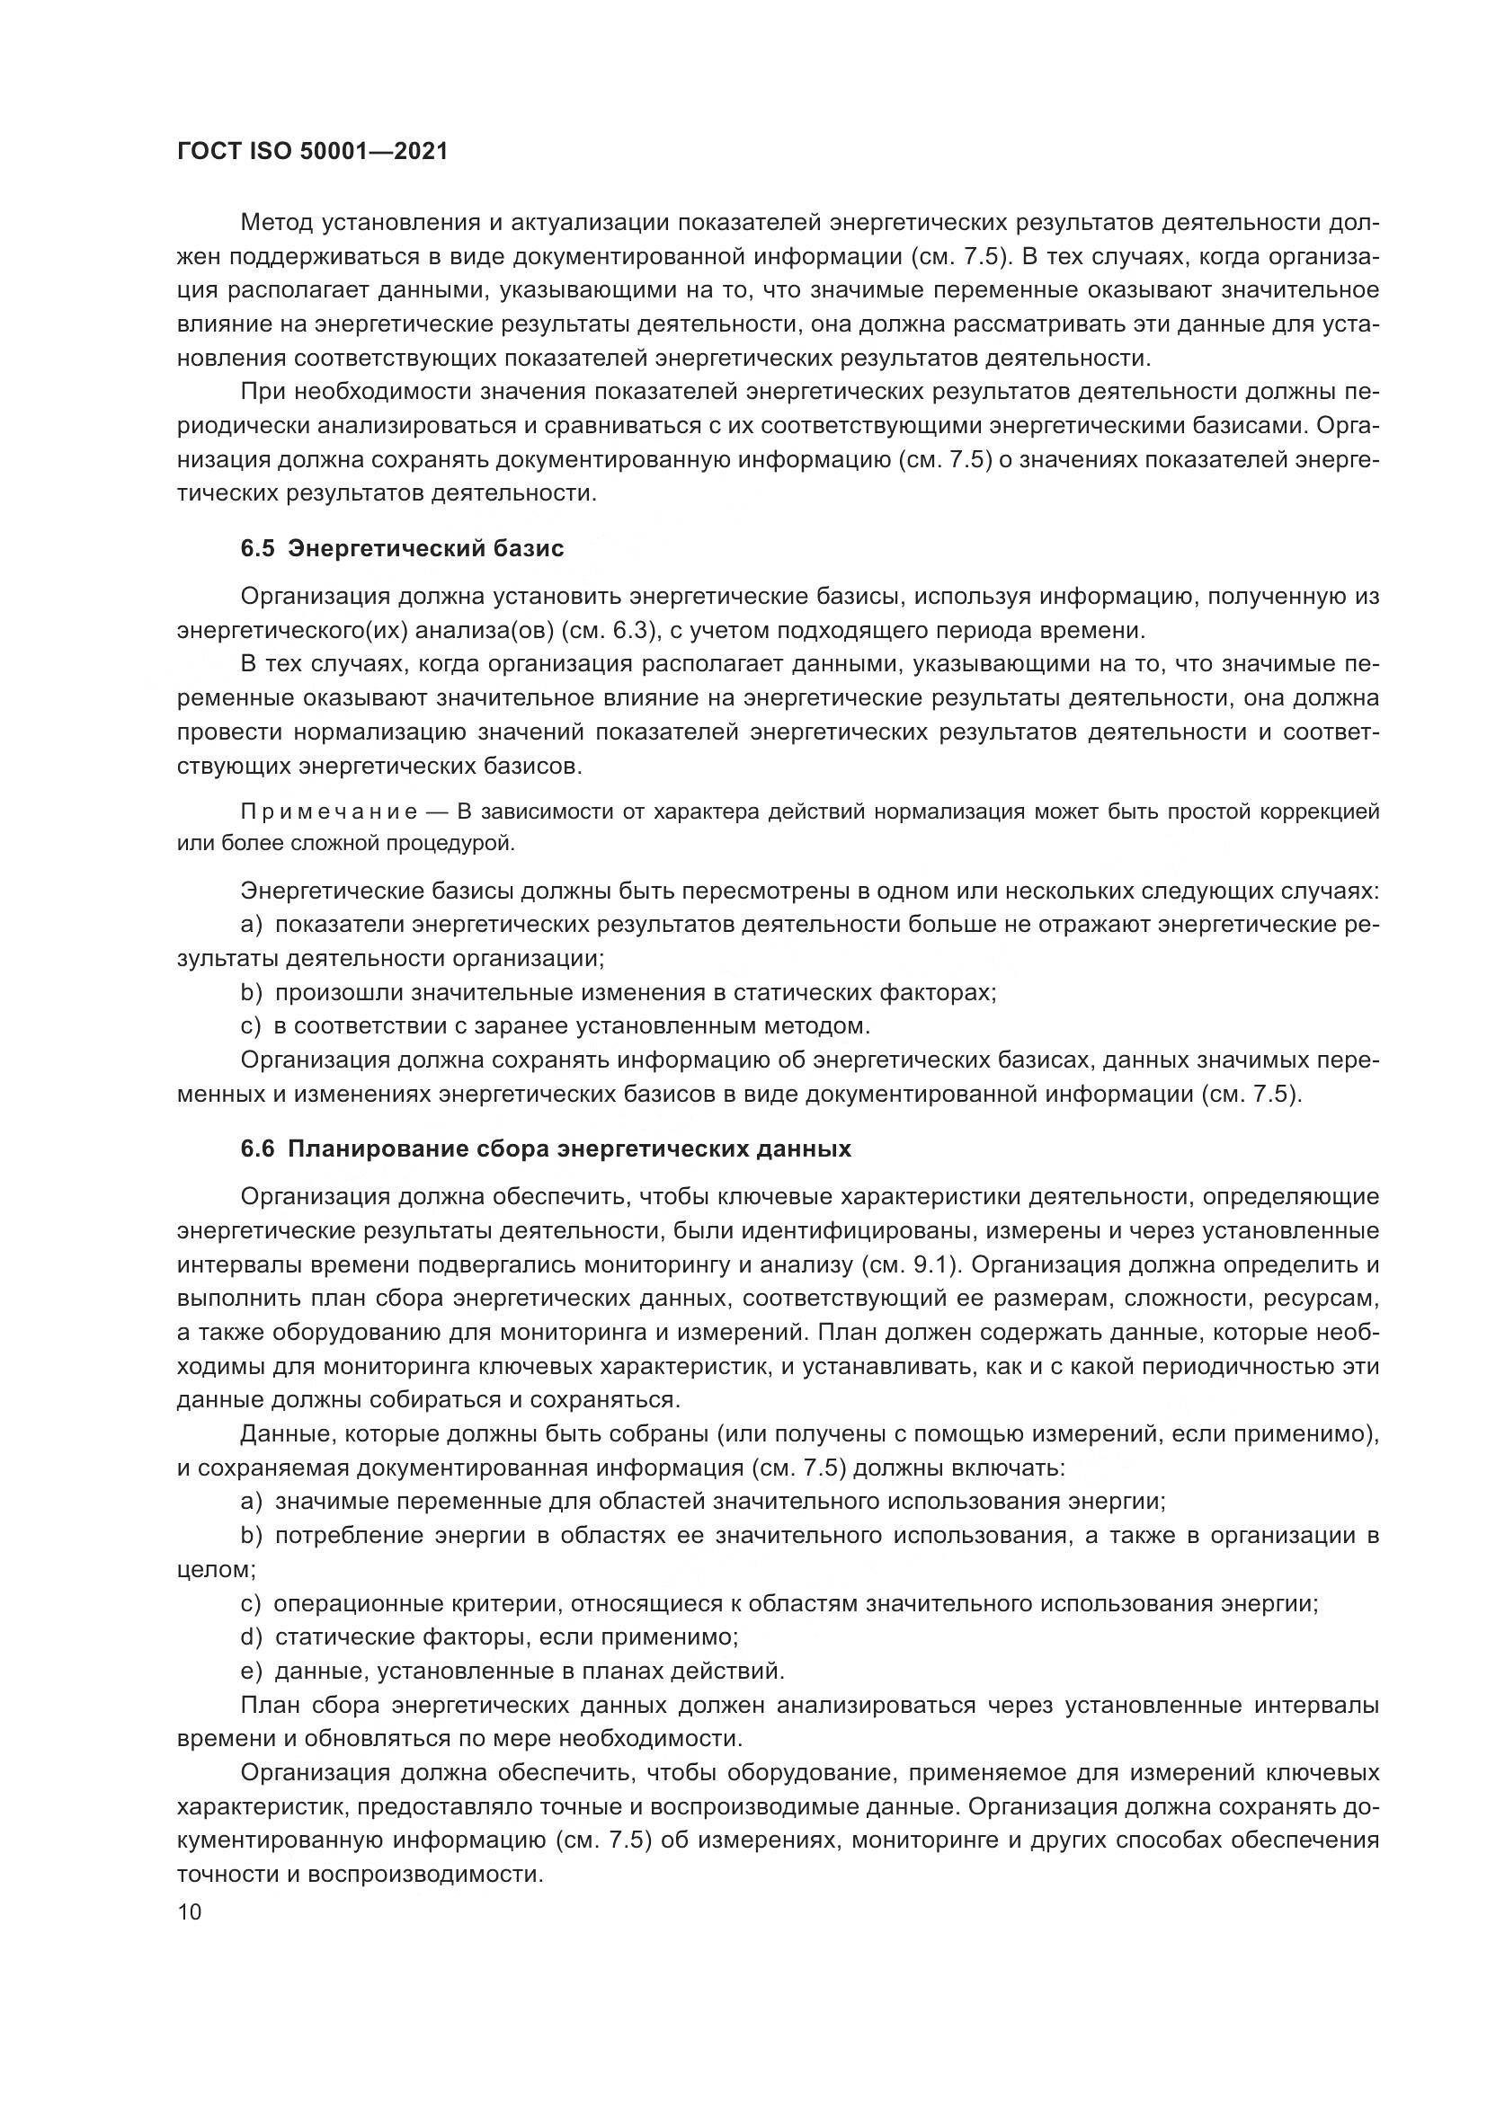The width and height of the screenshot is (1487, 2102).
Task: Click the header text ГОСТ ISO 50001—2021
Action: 312,152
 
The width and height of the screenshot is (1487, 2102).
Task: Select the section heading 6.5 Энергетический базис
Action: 402,548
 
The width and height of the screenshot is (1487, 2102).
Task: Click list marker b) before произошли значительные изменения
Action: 252,992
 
